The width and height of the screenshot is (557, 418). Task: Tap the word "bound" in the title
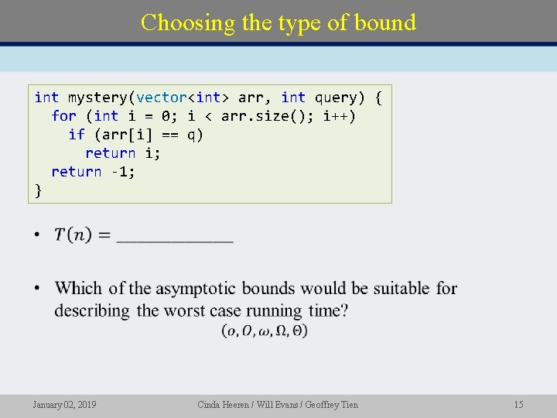pos(385,22)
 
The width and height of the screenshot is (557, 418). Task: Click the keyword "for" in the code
pos(63,116)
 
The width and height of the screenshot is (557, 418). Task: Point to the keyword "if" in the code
pos(77,135)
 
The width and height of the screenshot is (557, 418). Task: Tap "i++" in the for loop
pos(340,116)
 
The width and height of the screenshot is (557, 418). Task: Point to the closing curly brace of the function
pos(39,190)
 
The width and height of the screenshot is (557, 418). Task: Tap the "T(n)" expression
pos(73,235)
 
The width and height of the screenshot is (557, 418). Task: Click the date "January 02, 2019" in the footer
pos(64,405)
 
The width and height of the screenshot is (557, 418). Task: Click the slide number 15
pos(518,405)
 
